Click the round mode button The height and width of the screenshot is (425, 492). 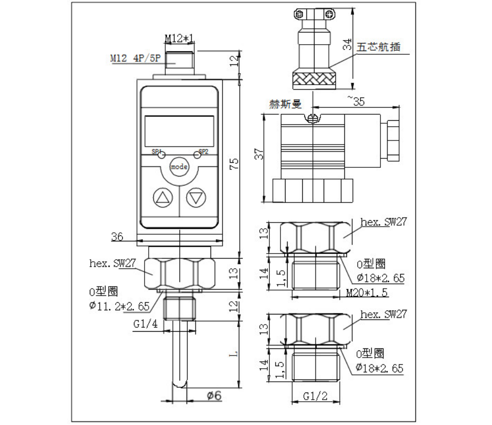pyautogui.click(x=179, y=166)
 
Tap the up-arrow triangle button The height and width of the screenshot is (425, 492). pyautogui.click(x=163, y=198)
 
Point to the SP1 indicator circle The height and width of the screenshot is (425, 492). pyautogui.click(x=161, y=155)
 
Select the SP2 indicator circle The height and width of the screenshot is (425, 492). pyautogui.click(x=197, y=155)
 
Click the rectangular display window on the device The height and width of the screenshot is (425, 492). pyautogui.click(x=179, y=130)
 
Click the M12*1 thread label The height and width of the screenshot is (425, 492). pyautogui.click(x=179, y=39)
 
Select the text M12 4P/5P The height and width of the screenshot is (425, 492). pyautogui.click(x=135, y=58)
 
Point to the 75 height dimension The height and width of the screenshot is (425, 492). pyautogui.click(x=233, y=164)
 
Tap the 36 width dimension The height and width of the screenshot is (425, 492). pyautogui.click(x=117, y=236)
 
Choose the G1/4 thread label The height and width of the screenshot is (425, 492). pyautogui.click(x=144, y=325)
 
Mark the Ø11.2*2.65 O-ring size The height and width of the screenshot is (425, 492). pyautogui.click(x=120, y=306)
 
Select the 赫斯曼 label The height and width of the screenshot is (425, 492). pyautogui.click(x=286, y=104)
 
